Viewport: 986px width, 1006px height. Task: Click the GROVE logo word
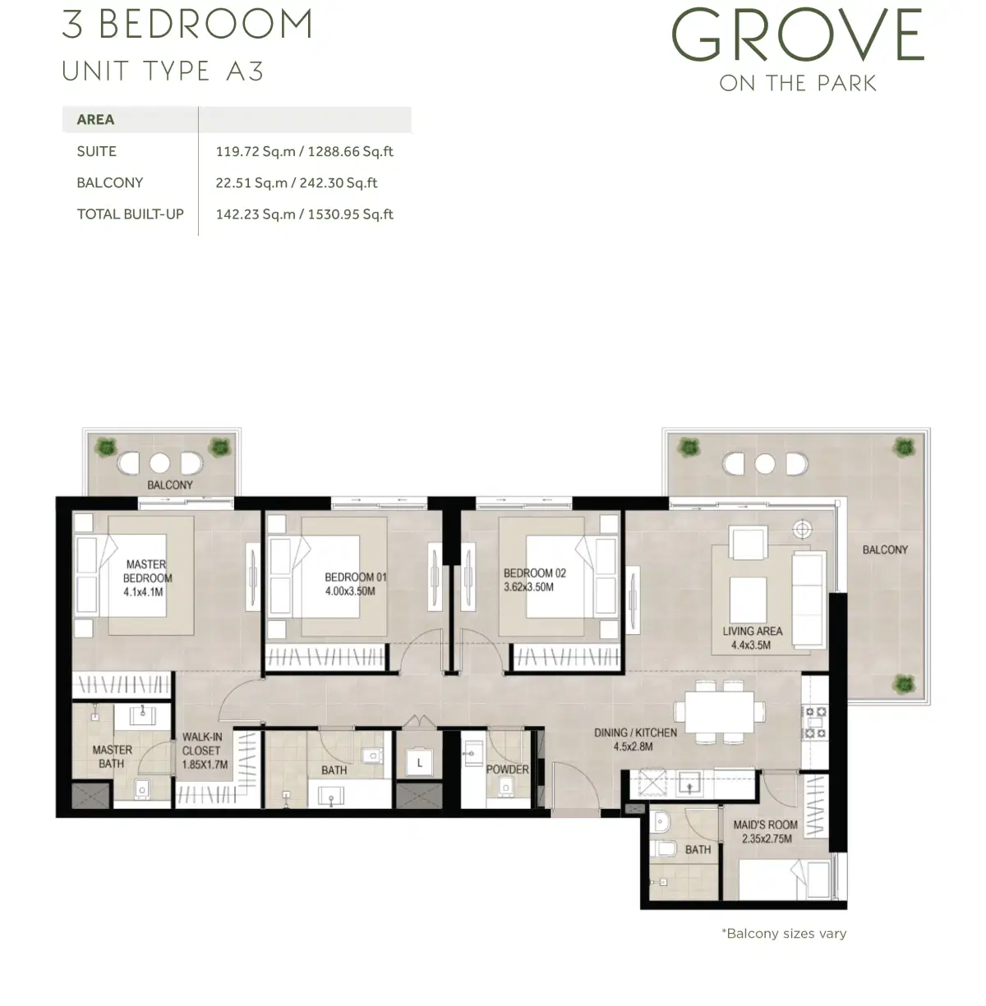(x=798, y=36)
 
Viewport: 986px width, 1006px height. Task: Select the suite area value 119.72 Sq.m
(x=256, y=151)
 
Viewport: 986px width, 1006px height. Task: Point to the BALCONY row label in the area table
(x=110, y=182)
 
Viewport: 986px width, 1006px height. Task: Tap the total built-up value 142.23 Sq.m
(x=256, y=214)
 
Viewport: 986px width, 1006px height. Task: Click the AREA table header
(x=95, y=120)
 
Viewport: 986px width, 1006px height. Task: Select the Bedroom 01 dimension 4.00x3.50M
(x=350, y=591)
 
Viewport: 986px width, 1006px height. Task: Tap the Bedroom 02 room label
(x=534, y=573)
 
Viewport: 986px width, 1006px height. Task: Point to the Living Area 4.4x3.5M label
(x=752, y=638)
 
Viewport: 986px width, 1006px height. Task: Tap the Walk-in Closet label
(x=202, y=751)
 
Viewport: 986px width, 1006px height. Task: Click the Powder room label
(x=507, y=769)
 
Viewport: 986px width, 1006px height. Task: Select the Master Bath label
(x=112, y=756)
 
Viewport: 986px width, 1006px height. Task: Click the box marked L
(x=420, y=763)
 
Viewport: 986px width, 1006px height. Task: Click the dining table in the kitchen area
(x=718, y=711)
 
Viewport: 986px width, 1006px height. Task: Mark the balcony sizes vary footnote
(x=783, y=934)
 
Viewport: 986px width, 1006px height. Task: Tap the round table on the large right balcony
(x=765, y=464)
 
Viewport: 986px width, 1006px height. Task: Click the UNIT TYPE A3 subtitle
(x=163, y=71)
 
